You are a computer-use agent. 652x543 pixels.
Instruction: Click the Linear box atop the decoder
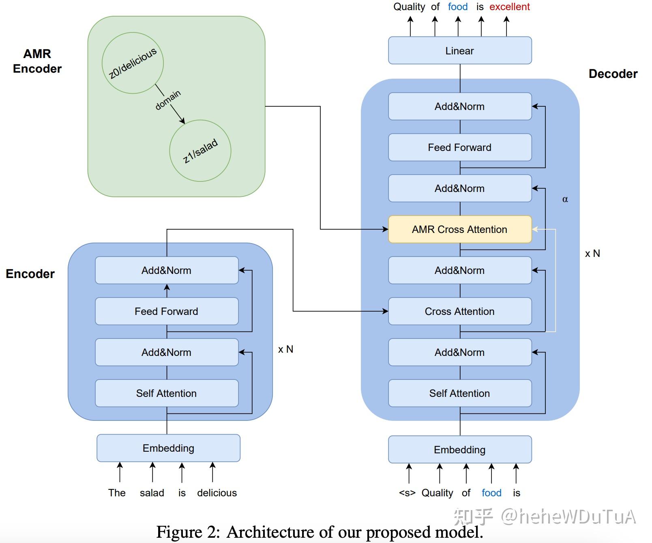click(460, 50)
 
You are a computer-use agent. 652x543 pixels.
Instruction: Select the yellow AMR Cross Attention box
click(460, 229)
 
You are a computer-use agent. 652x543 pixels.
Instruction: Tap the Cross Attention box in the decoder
click(460, 311)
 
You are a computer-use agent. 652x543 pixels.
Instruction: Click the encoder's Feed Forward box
click(167, 311)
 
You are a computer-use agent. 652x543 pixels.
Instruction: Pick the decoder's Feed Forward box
click(460, 147)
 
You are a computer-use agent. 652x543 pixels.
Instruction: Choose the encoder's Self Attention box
click(167, 393)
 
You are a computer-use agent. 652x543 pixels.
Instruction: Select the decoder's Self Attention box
click(460, 393)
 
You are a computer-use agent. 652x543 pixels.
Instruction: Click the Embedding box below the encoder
click(168, 448)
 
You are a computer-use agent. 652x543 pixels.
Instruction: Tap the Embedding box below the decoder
click(460, 450)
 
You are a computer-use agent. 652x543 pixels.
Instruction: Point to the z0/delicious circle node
click(133, 63)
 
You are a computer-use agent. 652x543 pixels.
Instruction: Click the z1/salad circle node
click(200, 151)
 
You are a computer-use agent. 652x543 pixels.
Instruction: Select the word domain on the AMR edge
click(168, 100)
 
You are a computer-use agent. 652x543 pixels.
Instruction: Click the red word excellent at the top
click(510, 6)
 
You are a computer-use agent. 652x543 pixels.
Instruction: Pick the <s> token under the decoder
click(407, 493)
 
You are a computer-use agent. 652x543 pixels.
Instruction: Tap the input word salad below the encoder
click(152, 493)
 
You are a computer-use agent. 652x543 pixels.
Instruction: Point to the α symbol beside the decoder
click(565, 199)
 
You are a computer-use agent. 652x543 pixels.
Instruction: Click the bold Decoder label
click(613, 73)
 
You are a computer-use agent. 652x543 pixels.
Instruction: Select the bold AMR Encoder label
click(37, 61)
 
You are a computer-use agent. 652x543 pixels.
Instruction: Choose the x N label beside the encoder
click(285, 349)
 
